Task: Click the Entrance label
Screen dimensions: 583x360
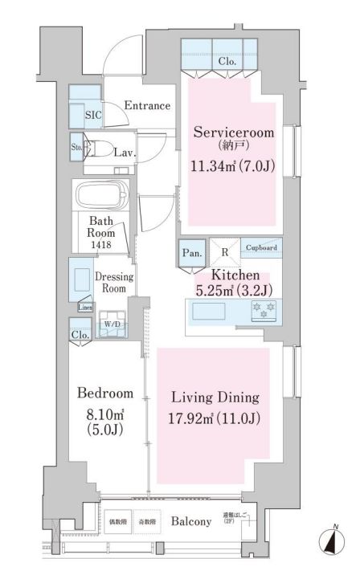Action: click(x=147, y=105)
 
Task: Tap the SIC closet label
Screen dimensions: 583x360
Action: click(x=94, y=115)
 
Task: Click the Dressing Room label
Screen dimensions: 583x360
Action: click(x=114, y=282)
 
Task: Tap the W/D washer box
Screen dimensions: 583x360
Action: click(x=111, y=324)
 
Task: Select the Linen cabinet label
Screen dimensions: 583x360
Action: click(x=84, y=308)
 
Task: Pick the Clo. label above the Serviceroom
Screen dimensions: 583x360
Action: click(x=226, y=62)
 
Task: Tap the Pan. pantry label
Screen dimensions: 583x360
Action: click(x=191, y=251)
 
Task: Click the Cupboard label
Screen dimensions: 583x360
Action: click(x=261, y=248)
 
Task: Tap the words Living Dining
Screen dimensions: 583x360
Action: click(x=215, y=397)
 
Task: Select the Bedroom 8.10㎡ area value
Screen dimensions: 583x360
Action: click(x=104, y=417)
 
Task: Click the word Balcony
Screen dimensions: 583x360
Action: click(x=191, y=521)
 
